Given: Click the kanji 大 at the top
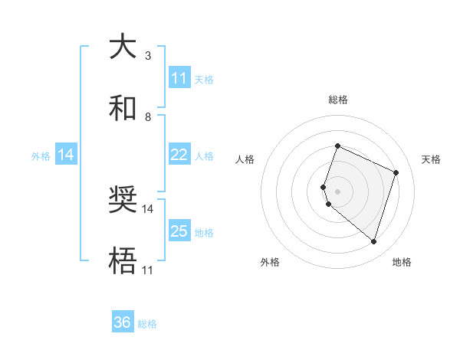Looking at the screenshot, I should click(x=123, y=47).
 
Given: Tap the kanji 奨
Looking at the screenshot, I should click(x=123, y=200).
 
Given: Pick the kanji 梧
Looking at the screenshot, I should click(x=123, y=261).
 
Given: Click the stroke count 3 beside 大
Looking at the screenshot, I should click(x=148, y=56).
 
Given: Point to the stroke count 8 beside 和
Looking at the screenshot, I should click(x=148, y=116).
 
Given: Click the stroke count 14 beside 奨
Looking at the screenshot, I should click(x=148, y=208).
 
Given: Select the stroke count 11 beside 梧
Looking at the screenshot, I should click(x=148, y=270).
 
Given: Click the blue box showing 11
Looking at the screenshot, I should click(x=179, y=78).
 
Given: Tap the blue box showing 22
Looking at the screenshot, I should click(x=179, y=155).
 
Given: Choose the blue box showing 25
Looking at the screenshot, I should click(x=179, y=231).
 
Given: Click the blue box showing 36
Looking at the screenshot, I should click(x=123, y=322).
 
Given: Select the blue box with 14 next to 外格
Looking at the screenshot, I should click(x=66, y=155).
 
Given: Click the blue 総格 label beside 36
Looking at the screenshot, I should click(x=147, y=324).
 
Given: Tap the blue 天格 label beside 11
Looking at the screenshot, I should click(x=204, y=79).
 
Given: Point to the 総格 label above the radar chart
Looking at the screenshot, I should click(x=338, y=100).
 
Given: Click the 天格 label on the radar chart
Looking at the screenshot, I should click(x=431, y=159).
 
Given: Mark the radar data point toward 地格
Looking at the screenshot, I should click(x=373, y=242).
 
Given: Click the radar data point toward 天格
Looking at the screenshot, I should click(x=396, y=172).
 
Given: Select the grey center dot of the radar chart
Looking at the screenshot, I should click(x=338, y=191).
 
